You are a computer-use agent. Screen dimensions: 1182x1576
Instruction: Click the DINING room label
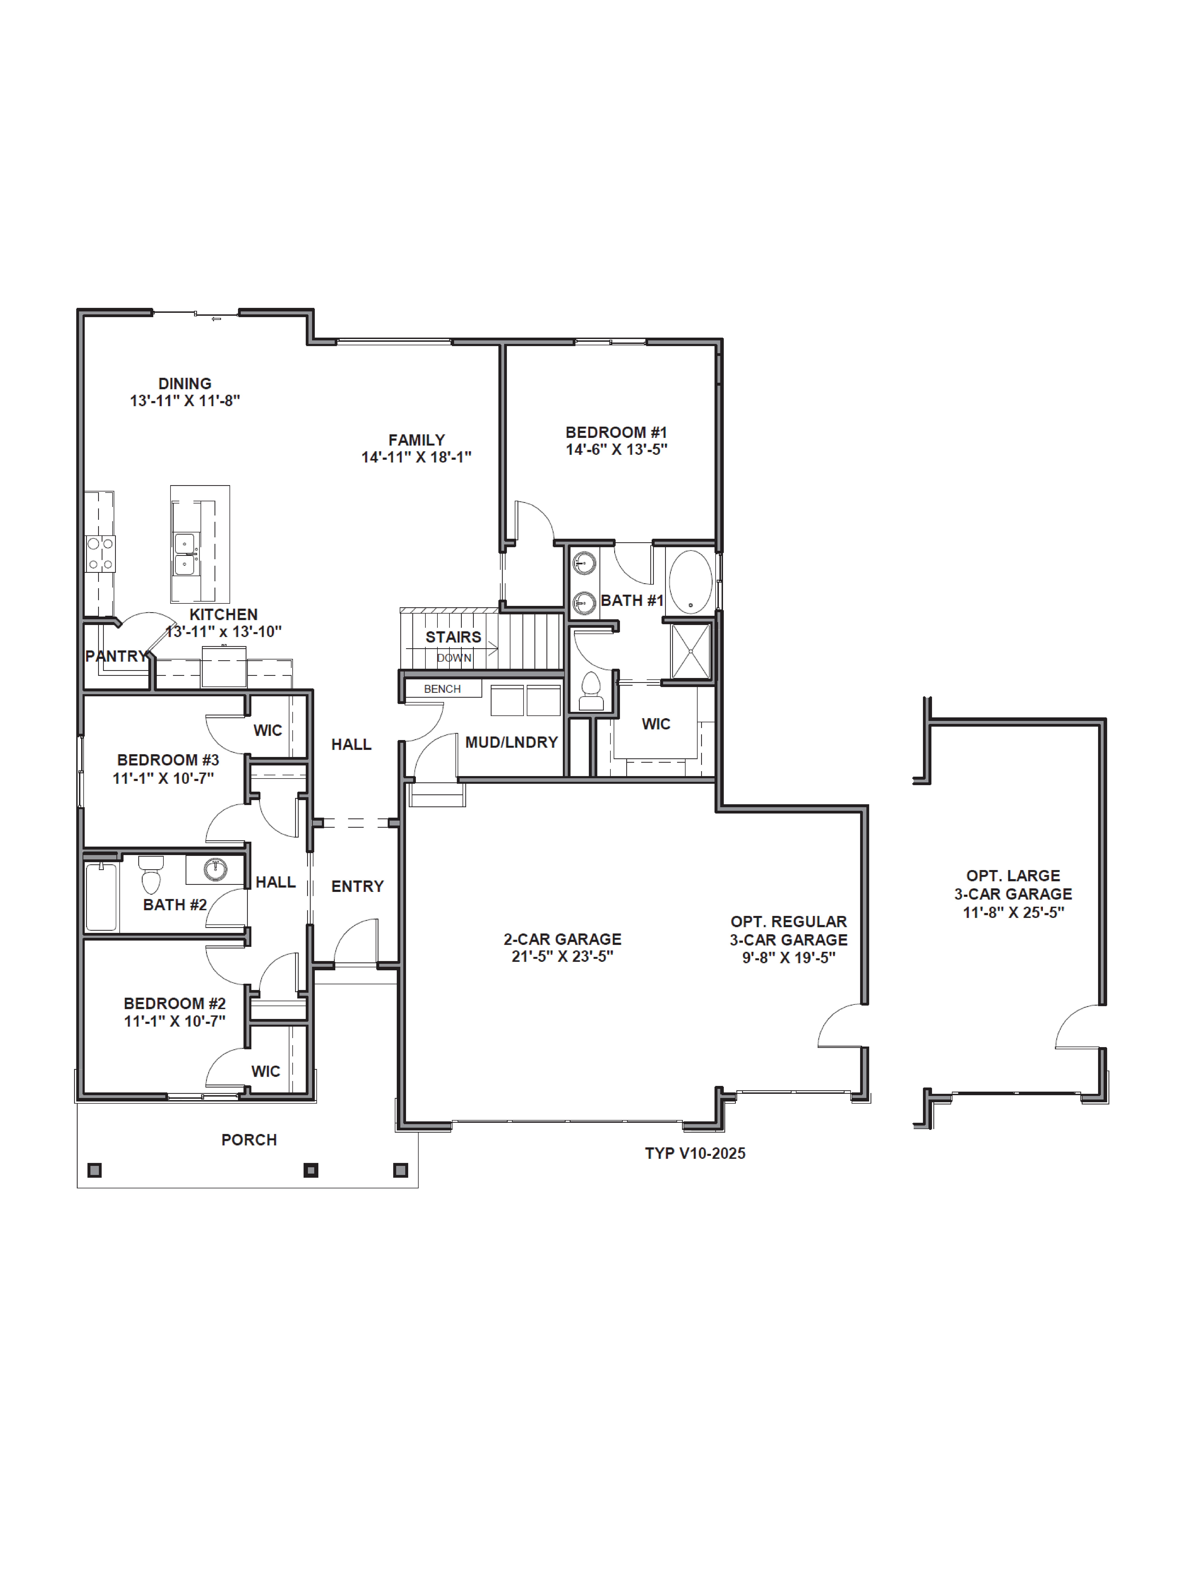click(x=185, y=383)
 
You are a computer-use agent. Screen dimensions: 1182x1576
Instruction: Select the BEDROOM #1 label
click(x=616, y=433)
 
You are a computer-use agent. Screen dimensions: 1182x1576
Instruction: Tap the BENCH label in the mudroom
click(x=442, y=689)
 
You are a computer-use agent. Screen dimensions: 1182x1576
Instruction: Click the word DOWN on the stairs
click(x=454, y=658)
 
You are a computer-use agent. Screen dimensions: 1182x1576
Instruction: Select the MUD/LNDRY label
click(x=512, y=742)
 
